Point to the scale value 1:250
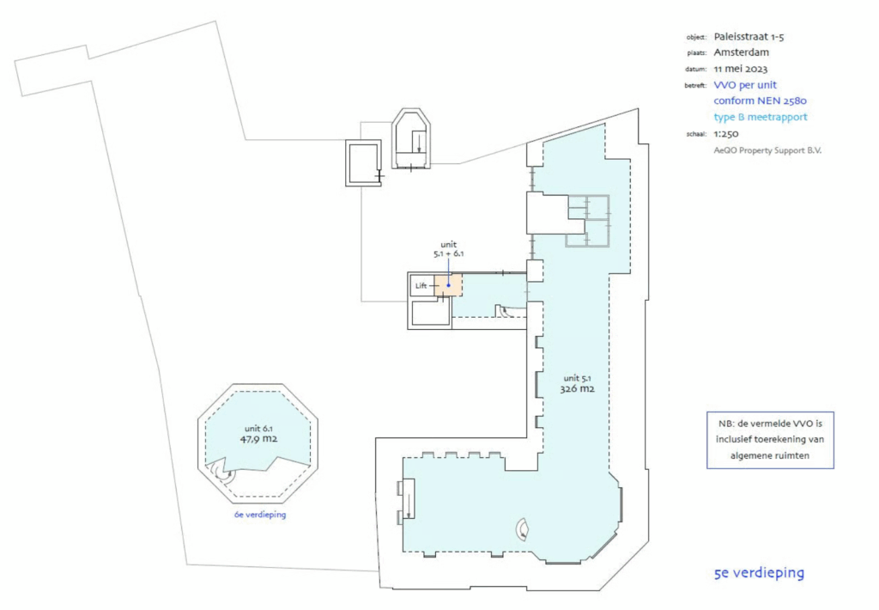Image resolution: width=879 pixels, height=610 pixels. tap(726, 134)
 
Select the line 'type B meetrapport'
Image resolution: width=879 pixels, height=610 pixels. tap(761, 117)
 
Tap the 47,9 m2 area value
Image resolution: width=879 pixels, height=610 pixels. tap(259, 438)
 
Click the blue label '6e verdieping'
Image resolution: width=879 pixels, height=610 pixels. tap(259, 515)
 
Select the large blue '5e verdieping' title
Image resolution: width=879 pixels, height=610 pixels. tap(759, 573)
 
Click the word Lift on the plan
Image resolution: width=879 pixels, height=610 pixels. tap(421, 284)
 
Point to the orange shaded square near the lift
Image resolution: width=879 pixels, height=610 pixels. tap(448, 284)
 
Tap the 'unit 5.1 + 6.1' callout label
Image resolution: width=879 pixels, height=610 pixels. tap(448, 249)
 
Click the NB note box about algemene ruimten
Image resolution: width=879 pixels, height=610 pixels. tap(770, 439)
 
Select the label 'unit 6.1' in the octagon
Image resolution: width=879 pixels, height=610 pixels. tap(258, 426)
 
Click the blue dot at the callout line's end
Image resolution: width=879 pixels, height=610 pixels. tap(448, 285)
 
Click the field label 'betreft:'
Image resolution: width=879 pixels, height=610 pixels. tap(695, 86)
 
